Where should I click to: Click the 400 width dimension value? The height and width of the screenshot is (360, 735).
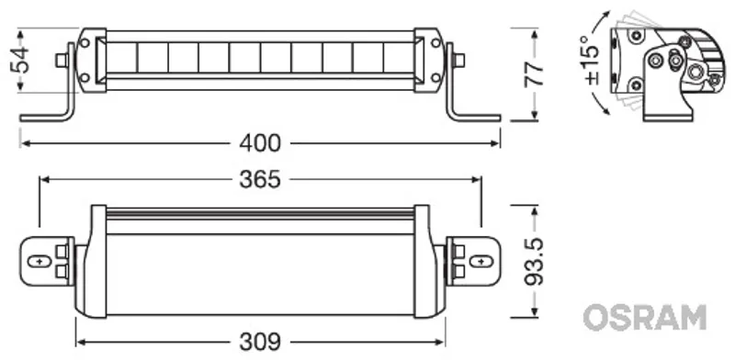coord(260,143)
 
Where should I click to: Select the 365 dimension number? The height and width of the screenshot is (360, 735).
coord(260,179)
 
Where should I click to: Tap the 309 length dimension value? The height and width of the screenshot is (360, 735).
coord(260,342)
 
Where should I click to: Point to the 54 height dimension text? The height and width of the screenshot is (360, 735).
coord(20,60)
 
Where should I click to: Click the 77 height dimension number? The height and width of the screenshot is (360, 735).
coord(534,73)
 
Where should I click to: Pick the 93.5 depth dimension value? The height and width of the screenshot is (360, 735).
coord(534,262)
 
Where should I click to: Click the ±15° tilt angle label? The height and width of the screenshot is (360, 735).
coord(592,60)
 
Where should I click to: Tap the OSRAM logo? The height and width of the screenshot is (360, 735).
coord(645,318)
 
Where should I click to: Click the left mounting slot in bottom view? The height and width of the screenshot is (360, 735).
coord(40,261)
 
